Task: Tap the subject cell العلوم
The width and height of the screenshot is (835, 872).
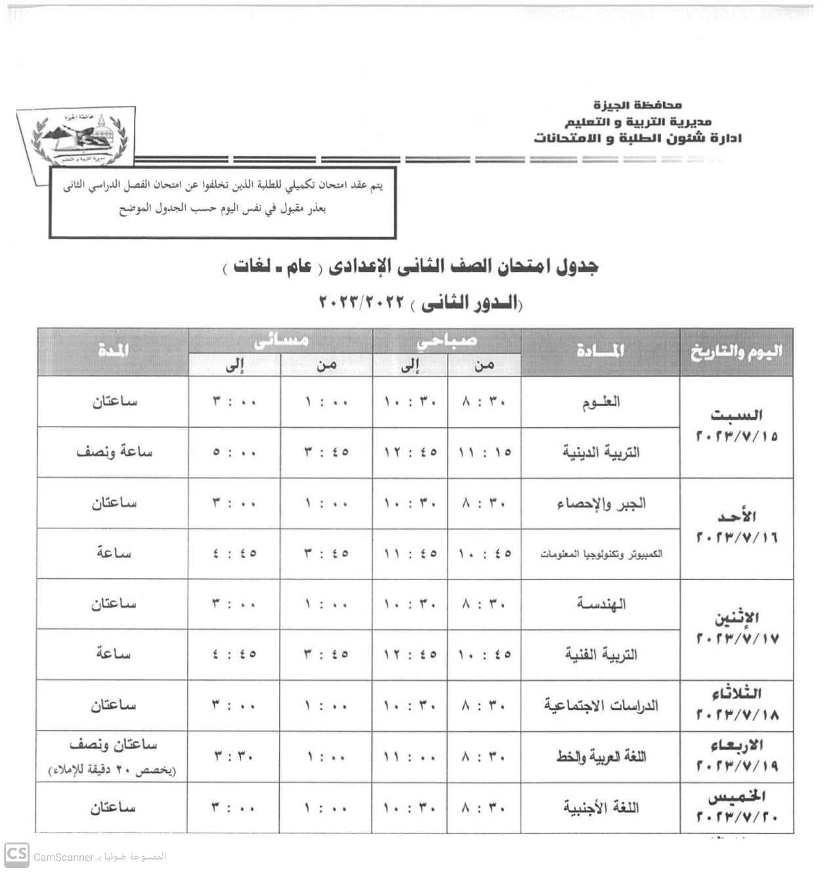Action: (601, 402)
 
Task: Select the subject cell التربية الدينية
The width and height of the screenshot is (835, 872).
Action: (601, 452)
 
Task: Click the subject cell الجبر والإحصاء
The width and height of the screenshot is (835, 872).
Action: (601, 503)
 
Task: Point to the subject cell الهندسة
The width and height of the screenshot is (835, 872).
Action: (601, 604)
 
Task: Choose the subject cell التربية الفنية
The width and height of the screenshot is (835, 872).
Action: (601, 654)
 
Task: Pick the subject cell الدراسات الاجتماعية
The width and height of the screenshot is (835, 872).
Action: (601, 705)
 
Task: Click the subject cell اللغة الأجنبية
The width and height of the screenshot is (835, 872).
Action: (601, 807)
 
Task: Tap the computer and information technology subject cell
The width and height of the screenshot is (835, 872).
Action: (601, 554)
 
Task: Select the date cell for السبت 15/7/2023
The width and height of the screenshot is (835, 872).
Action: (737, 426)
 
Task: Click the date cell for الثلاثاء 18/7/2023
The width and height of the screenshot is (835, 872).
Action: (737, 704)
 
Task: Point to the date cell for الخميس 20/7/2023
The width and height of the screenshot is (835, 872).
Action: (737, 807)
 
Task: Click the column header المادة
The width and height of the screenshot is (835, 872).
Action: (601, 352)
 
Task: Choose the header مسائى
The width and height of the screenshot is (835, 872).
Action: (281, 341)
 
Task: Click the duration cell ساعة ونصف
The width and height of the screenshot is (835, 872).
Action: (114, 452)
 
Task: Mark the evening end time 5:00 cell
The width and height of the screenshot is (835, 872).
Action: (234, 453)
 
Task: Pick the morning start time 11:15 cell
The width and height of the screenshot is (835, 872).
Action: (484, 453)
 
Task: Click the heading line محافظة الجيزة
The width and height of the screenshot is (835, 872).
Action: (637, 105)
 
